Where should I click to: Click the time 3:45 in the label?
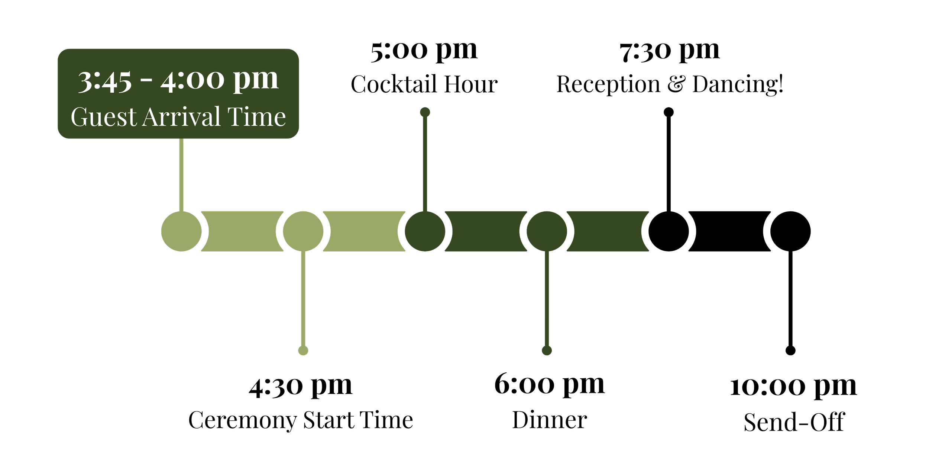pyautogui.click(x=105, y=80)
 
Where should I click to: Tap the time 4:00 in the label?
pyautogui.click(x=192, y=80)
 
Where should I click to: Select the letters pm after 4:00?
pyautogui.click(x=255, y=80)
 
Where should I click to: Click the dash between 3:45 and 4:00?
pyautogui.click(x=146, y=80)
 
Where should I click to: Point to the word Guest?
pyautogui.click(x=104, y=117)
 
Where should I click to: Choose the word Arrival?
pyautogui.click(x=181, y=117)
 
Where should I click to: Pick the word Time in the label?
pyautogui.click(x=256, y=117)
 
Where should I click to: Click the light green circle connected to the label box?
pyautogui.click(x=181, y=231)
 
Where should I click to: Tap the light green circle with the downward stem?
pyautogui.click(x=303, y=231)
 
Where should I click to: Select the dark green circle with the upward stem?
pyautogui.click(x=425, y=231)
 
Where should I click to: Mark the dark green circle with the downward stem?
pyautogui.click(x=547, y=231)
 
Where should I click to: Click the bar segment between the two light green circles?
pyautogui.click(x=242, y=231)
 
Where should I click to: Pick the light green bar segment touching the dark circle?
pyautogui.click(x=364, y=231)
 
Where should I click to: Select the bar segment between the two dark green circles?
pyautogui.click(x=486, y=231)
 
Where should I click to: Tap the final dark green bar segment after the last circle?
pyautogui.click(x=607, y=231)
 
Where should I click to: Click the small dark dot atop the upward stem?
pyautogui.click(x=425, y=112)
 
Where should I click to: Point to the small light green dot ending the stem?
pyautogui.click(x=303, y=350)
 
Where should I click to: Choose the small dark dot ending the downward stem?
pyautogui.click(x=547, y=350)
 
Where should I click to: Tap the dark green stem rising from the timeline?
pyautogui.click(x=425, y=164)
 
